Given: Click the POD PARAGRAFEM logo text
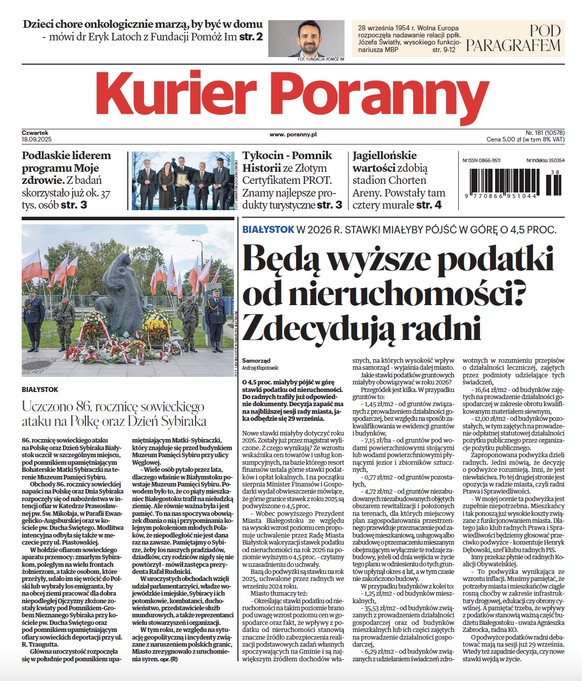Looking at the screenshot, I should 513,38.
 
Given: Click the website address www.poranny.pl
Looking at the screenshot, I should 293,134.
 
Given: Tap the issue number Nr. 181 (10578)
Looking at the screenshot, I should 538,132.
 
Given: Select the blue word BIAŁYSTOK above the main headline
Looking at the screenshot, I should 268,229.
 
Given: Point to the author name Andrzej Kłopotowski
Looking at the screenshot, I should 260,368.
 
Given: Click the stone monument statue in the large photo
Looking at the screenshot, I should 124,283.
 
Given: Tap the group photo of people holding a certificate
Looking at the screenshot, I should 183,181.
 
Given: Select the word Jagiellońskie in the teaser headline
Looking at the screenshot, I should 384,156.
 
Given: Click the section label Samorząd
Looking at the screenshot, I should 256,361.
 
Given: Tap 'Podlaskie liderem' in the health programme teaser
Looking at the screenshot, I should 66,156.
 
